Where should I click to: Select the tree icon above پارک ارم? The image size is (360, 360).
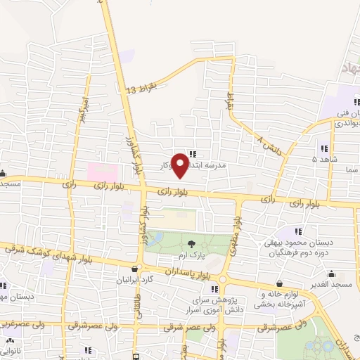(192, 245)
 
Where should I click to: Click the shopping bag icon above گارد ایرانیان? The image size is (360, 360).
(135, 269)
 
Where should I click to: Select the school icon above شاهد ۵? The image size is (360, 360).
(323, 148)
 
